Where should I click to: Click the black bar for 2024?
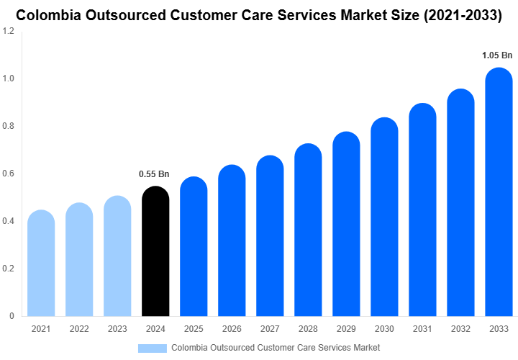155,252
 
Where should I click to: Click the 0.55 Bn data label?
154,174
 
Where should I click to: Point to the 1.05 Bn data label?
497,55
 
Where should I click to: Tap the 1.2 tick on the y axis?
9,31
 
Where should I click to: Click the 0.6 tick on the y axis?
9,174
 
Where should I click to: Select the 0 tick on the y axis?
12,316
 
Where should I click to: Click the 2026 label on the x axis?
232,329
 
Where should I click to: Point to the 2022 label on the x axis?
79,329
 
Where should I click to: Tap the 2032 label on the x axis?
460,329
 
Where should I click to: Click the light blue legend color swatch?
152,348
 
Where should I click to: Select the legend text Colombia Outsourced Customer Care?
276,348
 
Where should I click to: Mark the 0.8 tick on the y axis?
9,126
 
